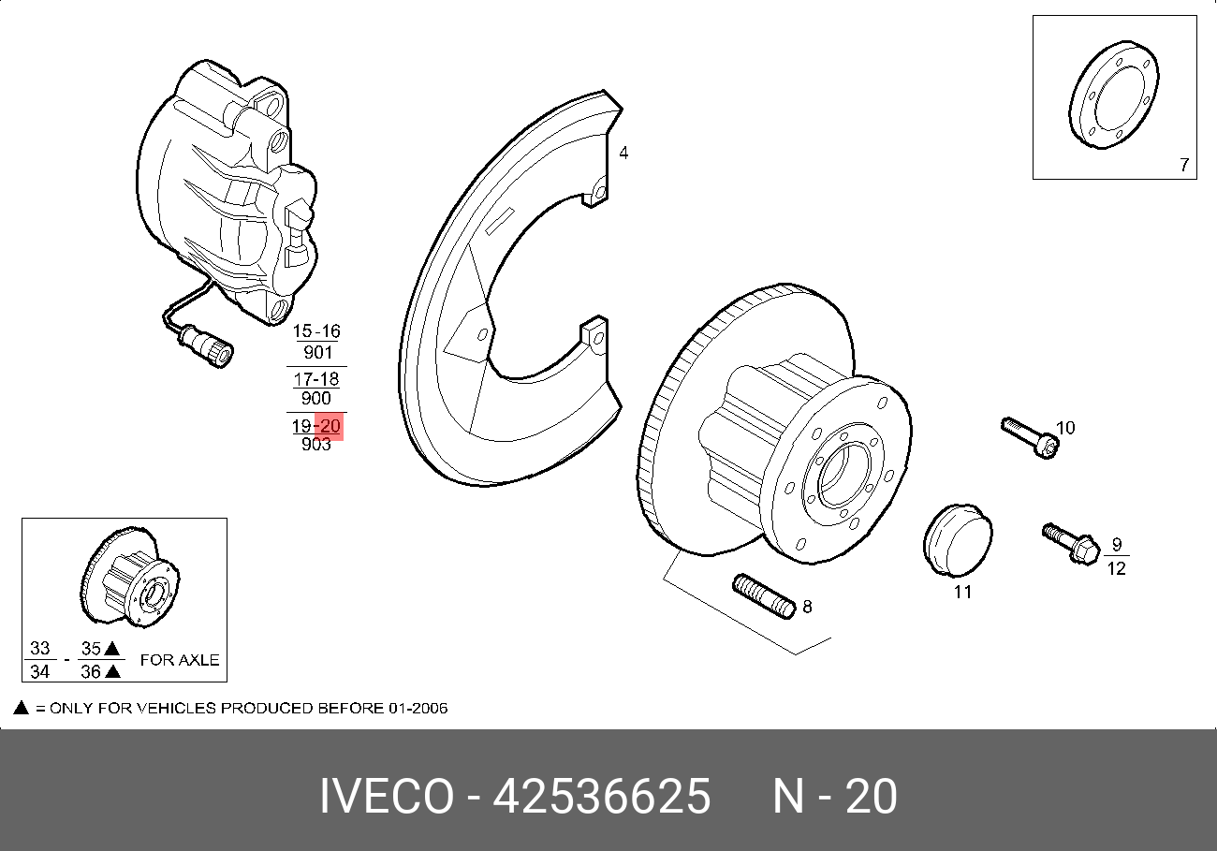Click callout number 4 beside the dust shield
coord(623,154)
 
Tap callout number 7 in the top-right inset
coord(1184,165)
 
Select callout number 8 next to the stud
coord(807,607)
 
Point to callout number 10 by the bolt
coord(1065,428)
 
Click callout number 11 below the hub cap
coord(962,592)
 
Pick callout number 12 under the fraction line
coord(1116,568)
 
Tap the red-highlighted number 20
coord(330,425)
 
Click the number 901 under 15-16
coord(317,353)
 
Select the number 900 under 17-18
coord(316,398)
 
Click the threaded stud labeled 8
coord(763,596)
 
